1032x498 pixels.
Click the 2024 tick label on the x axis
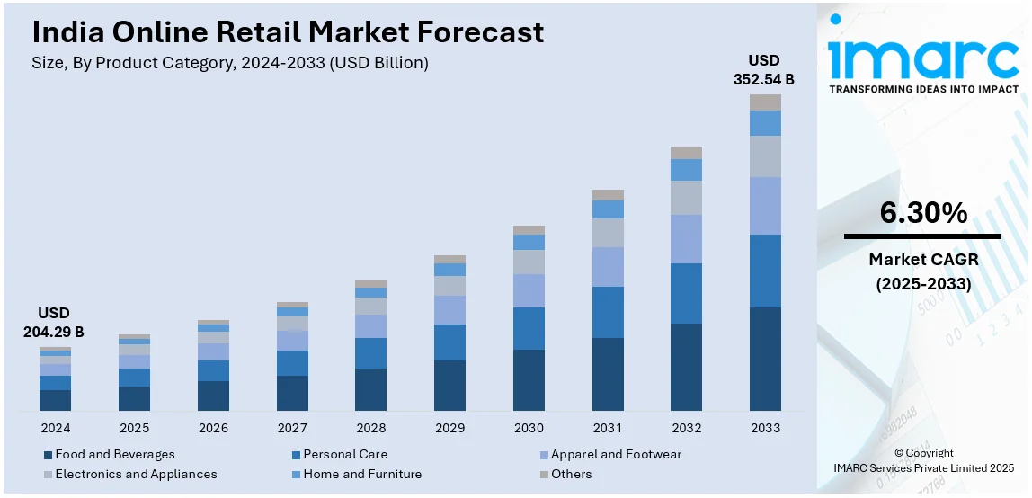point(55,428)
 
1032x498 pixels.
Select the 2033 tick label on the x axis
point(765,428)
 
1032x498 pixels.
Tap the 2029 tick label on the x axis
point(449,428)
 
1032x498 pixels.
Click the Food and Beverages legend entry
point(114,455)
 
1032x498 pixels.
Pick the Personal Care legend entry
point(346,455)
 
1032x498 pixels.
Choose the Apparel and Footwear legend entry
point(616,455)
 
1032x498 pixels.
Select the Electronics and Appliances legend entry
point(136,474)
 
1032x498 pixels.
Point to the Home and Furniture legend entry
point(361,474)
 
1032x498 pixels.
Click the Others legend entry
point(571,474)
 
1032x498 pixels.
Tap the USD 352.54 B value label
point(764,69)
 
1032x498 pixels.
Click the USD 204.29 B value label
point(54,322)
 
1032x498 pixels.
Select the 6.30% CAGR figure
point(923,214)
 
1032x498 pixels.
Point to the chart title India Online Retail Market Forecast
point(288,32)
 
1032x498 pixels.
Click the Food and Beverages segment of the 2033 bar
point(765,360)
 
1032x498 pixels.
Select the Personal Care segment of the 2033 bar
point(765,271)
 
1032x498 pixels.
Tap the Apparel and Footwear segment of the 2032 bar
point(686,239)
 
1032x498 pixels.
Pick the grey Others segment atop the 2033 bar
point(765,102)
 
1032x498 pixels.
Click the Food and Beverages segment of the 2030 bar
point(529,380)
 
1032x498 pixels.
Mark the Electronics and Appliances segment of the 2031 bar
point(608,233)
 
